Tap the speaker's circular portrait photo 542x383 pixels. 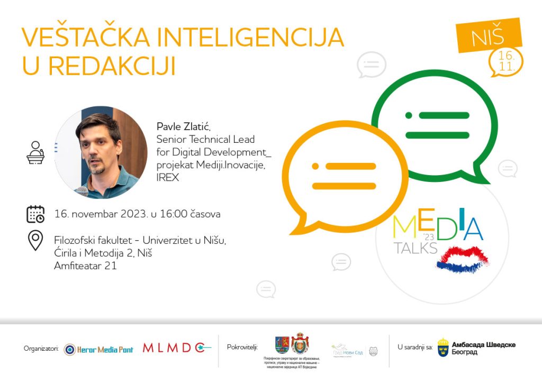pos(101,152)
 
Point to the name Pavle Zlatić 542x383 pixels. pos(184,126)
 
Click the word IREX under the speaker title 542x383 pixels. pos(168,178)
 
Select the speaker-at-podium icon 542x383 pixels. pos(35,152)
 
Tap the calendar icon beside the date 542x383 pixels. pos(35,214)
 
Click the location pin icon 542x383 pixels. pos(35,241)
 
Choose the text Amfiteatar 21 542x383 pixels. pos(85,266)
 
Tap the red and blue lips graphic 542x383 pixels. pos(463,258)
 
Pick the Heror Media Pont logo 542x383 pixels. pos(98,349)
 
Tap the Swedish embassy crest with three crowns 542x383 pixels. pos(443,347)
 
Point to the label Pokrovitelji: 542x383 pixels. pos(242,348)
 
